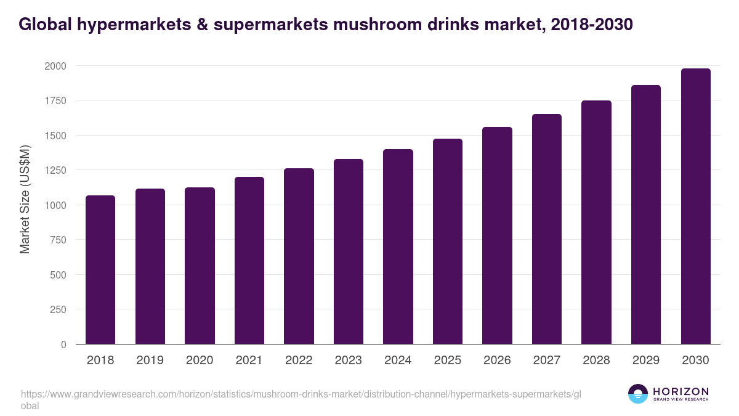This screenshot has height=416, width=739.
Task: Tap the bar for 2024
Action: click(398, 247)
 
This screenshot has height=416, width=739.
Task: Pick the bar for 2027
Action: click(546, 229)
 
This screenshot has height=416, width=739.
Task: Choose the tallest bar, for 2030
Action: click(695, 206)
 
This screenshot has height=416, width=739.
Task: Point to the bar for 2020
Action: click(200, 266)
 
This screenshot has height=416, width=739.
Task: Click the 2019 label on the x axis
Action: click(150, 361)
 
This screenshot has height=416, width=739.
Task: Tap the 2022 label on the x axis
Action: click(299, 361)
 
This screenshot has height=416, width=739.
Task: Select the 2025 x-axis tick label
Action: click(447, 361)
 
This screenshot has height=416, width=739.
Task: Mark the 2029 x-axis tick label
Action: click(645, 361)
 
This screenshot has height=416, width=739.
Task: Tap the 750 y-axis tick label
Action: click(58, 240)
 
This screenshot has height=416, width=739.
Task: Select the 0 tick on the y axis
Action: click(63, 345)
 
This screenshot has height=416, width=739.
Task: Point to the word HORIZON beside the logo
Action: click(680, 391)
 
